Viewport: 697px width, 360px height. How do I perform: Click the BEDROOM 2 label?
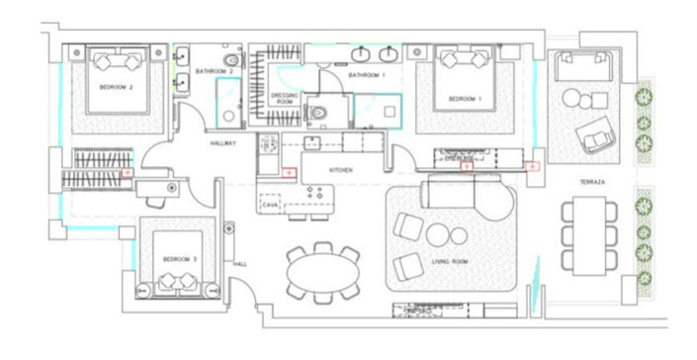tap(117, 88)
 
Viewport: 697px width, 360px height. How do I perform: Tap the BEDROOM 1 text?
tap(465, 99)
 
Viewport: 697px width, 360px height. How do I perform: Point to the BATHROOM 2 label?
tap(214, 72)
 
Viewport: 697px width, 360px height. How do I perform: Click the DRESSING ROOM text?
tap(285, 98)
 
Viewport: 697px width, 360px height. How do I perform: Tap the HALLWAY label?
tap(224, 144)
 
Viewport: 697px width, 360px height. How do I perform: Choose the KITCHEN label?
tap(341, 170)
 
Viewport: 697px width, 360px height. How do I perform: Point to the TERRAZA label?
tap(592, 184)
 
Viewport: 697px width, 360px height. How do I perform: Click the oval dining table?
tap(323, 270)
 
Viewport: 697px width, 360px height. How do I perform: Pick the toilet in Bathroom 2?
tap(230, 62)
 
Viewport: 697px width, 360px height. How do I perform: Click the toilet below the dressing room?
tap(317, 114)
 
